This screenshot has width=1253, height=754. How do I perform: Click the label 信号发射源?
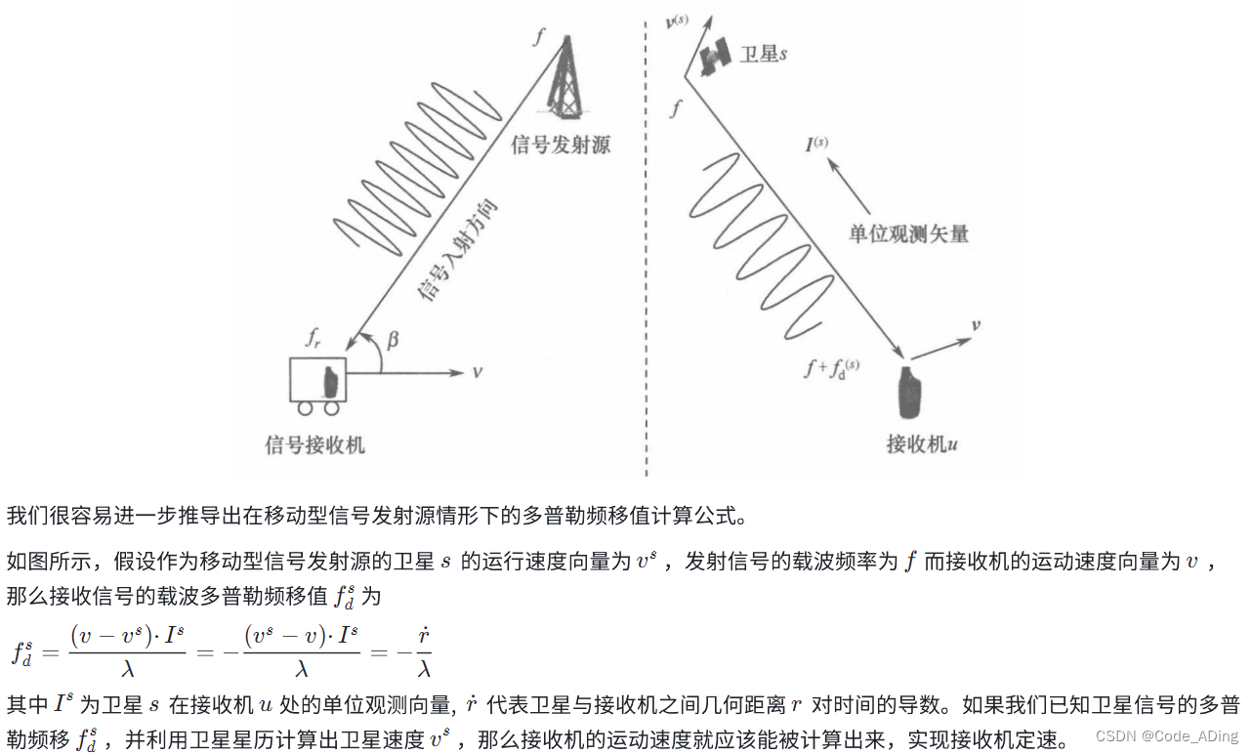tap(561, 146)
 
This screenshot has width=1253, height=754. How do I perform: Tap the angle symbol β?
tap(393, 339)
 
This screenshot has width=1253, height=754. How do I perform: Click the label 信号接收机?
tap(315, 445)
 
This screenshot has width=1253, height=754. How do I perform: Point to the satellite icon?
tap(715, 57)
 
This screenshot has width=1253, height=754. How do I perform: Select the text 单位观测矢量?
tap(908, 234)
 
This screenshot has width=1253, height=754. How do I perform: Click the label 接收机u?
tap(921, 445)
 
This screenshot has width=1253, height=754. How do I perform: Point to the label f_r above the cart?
tap(312, 339)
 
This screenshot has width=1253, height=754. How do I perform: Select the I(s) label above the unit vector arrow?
tap(816, 145)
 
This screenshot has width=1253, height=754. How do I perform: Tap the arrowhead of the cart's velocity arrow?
tap(457, 372)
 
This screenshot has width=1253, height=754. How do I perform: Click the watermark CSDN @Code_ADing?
tap(1166, 735)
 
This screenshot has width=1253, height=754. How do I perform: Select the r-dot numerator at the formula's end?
tap(423, 637)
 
